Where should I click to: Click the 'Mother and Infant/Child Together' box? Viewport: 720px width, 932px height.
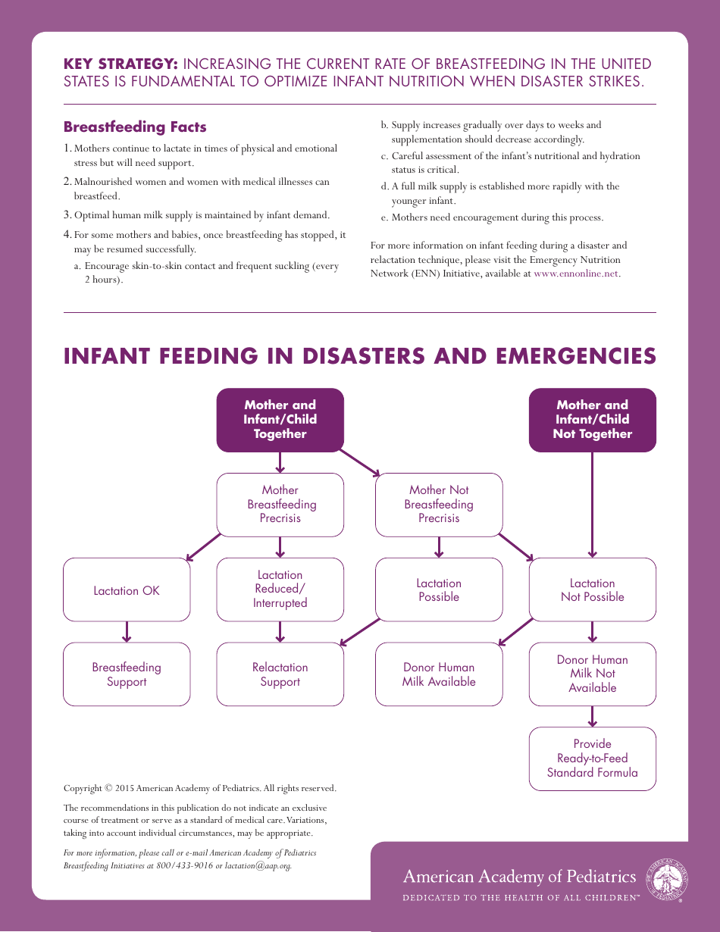pyautogui.click(x=280, y=420)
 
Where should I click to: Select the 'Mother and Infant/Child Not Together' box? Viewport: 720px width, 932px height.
pyautogui.click(x=592, y=420)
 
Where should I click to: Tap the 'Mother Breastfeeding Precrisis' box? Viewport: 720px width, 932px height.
pyautogui.click(x=280, y=505)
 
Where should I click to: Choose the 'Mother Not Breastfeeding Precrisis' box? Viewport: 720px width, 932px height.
pyautogui.click(x=439, y=505)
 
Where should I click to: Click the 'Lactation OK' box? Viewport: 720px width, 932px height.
pyautogui.click(x=127, y=590)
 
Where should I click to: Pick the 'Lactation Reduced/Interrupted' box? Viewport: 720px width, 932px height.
pyautogui.click(x=280, y=590)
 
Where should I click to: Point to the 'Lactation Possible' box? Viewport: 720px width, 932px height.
pyautogui.click(x=439, y=590)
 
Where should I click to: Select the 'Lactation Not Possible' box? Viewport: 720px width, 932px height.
pyautogui.click(x=592, y=590)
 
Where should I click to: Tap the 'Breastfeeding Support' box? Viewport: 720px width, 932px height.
pyautogui.click(x=127, y=674)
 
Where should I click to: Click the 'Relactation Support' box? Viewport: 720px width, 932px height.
pyautogui.click(x=280, y=674)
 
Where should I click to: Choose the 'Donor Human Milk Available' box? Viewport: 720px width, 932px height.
pyautogui.click(x=439, y=674)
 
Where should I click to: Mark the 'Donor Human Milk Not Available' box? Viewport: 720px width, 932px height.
pyautogui.click(x=592, y=674)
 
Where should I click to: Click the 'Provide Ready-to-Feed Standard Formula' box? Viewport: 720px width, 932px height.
pyautogui.click(x=592, y=758)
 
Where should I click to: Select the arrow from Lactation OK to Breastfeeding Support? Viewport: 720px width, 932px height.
pyautogui.click(x=127, y=632)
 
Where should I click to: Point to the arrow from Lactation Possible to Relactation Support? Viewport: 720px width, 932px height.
pyautogui.click(x=360, y=632)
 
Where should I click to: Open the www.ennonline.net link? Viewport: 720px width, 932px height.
pyautogui.click(x=576, y=274)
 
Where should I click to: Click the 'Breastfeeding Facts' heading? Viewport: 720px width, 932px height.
pyautogui.click(x=135, y=127)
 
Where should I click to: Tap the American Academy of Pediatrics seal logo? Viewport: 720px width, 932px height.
pyautogui.click(x=665, y=878)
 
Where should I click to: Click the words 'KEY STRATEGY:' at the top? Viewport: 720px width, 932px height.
pyautogui.click(x=121, y=64)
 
